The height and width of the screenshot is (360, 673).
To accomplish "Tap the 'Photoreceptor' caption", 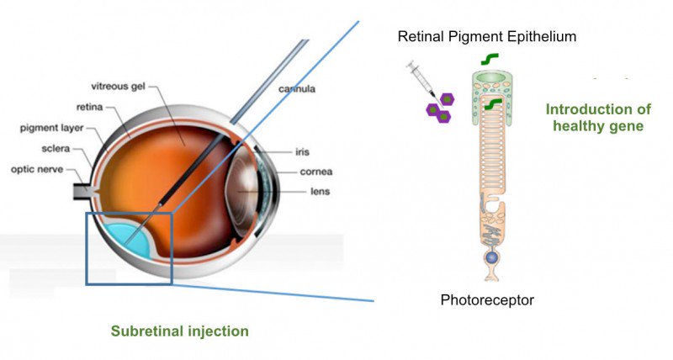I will click(x=487, y=299).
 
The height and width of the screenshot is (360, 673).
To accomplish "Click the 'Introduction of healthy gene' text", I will click(x=598, y=118).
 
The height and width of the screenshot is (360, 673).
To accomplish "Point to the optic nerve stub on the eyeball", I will click(x=85, y=188).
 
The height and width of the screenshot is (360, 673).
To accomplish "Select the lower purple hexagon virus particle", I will click(x=440, y=114).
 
